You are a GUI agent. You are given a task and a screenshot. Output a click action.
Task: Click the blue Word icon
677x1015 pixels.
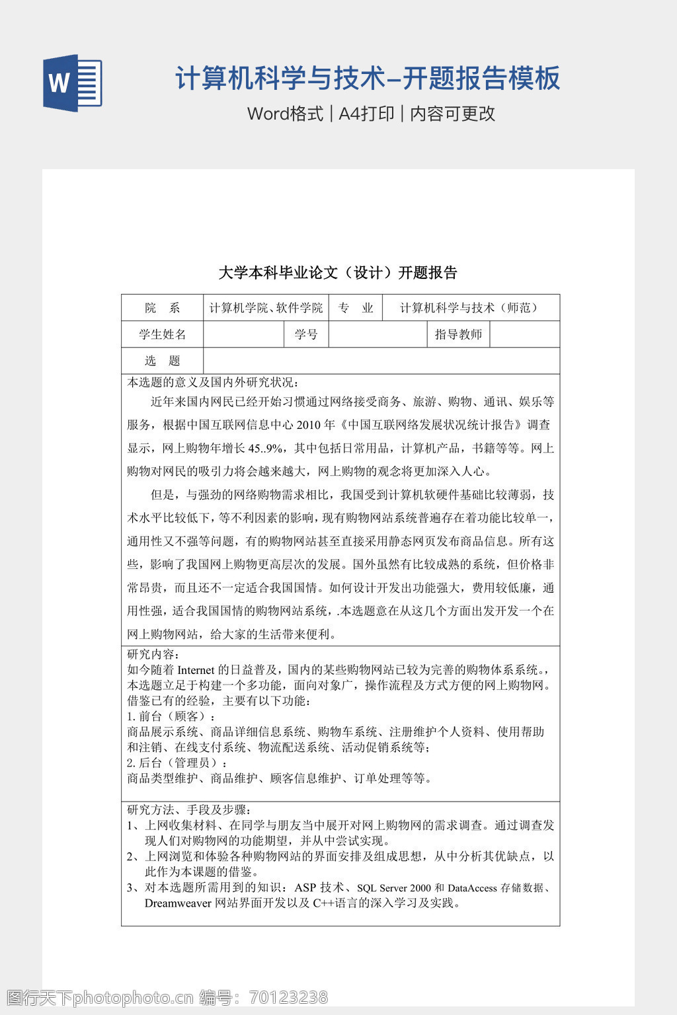click(72, 83)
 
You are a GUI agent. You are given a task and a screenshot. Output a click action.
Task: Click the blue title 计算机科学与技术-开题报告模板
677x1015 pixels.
click(368, 78)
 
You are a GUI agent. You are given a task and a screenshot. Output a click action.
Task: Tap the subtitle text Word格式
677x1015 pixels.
click(285, 114)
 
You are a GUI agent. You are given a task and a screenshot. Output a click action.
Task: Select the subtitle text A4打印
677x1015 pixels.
click(366, 114)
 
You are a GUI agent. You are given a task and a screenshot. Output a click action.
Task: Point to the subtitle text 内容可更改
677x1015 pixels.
click(453, 114)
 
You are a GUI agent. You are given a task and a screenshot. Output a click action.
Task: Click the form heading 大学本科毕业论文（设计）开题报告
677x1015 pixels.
click(338, 272)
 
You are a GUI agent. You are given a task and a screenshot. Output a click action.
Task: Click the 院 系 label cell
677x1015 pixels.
click(162, 308)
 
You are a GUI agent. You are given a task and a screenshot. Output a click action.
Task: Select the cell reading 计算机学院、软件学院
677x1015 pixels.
click(266, 308)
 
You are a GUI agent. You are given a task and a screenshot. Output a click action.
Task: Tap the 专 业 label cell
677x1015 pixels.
click(356, 308)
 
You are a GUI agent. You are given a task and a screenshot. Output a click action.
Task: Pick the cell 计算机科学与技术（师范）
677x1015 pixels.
click(471, 308)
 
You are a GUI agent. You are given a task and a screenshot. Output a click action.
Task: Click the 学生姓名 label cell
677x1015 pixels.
click(162, 334)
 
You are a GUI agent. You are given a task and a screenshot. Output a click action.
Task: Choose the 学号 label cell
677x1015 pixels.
click(306, 334)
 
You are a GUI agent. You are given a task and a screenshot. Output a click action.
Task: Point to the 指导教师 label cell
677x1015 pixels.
click(458, 334)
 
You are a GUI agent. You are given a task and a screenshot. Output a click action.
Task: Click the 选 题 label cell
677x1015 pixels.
click(162, 361)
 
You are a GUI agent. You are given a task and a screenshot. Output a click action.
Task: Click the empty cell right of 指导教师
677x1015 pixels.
click(524, 334)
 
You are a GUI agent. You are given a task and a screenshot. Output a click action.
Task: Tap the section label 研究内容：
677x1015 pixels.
click(152, 654)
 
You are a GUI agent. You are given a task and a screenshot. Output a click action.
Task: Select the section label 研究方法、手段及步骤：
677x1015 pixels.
click(189, 809)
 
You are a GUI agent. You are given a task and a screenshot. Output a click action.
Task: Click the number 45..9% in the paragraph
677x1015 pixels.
click(266, 449)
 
